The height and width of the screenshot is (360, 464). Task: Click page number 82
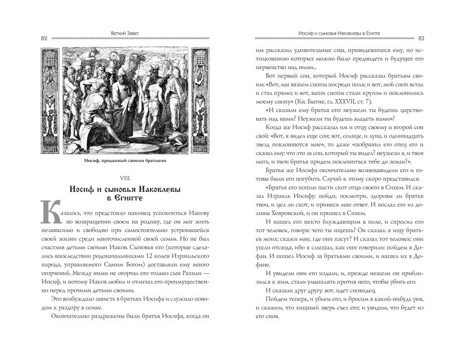tap(44, 38)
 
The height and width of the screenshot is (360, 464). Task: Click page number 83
tap(421, 38)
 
